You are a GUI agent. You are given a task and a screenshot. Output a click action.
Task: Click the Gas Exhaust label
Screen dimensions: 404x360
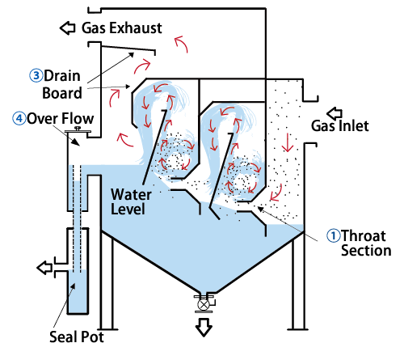coord(122,28)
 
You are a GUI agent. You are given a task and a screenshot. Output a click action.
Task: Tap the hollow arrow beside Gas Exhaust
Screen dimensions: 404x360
coord(67,28)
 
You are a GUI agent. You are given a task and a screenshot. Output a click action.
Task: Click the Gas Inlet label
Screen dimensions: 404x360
coord(340,126)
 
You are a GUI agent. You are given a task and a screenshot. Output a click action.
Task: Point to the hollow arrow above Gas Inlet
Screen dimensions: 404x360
coord(335,113)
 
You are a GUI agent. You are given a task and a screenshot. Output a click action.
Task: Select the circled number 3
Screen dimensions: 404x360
coord(36,75)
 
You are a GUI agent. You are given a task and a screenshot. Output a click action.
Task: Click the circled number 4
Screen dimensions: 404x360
coord(19,118)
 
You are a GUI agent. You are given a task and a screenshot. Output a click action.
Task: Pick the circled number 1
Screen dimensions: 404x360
coord(334,235)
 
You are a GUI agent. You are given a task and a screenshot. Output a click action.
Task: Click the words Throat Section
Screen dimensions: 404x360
coord(366,244)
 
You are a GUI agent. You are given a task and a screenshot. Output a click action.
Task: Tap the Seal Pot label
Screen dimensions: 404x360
coord(77,337)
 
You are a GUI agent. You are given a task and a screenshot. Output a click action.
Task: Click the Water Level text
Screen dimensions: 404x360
coord(131,201)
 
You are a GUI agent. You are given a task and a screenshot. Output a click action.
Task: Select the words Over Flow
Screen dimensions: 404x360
coord(61,119)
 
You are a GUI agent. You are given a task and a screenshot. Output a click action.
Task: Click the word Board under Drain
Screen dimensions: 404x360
coord(62,93)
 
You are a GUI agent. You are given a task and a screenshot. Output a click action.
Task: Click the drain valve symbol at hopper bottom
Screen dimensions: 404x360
coord(204,305)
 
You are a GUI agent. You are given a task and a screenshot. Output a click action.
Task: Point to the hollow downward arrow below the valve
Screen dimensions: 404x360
coord(204,328)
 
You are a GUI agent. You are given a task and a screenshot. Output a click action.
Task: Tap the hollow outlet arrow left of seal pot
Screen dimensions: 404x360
coord(44,268)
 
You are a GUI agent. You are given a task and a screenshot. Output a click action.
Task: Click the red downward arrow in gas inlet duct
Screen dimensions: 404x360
coord(288,142)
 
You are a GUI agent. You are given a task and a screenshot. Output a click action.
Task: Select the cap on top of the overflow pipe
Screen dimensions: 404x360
coord(78,130)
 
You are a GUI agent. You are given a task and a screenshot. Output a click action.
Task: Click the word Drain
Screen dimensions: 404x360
coord(62,76)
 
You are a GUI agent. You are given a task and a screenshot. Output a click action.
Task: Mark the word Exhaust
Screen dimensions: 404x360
coord(136,28)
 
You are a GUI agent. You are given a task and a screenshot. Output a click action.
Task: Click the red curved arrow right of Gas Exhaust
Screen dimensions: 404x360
coord(181,44)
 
